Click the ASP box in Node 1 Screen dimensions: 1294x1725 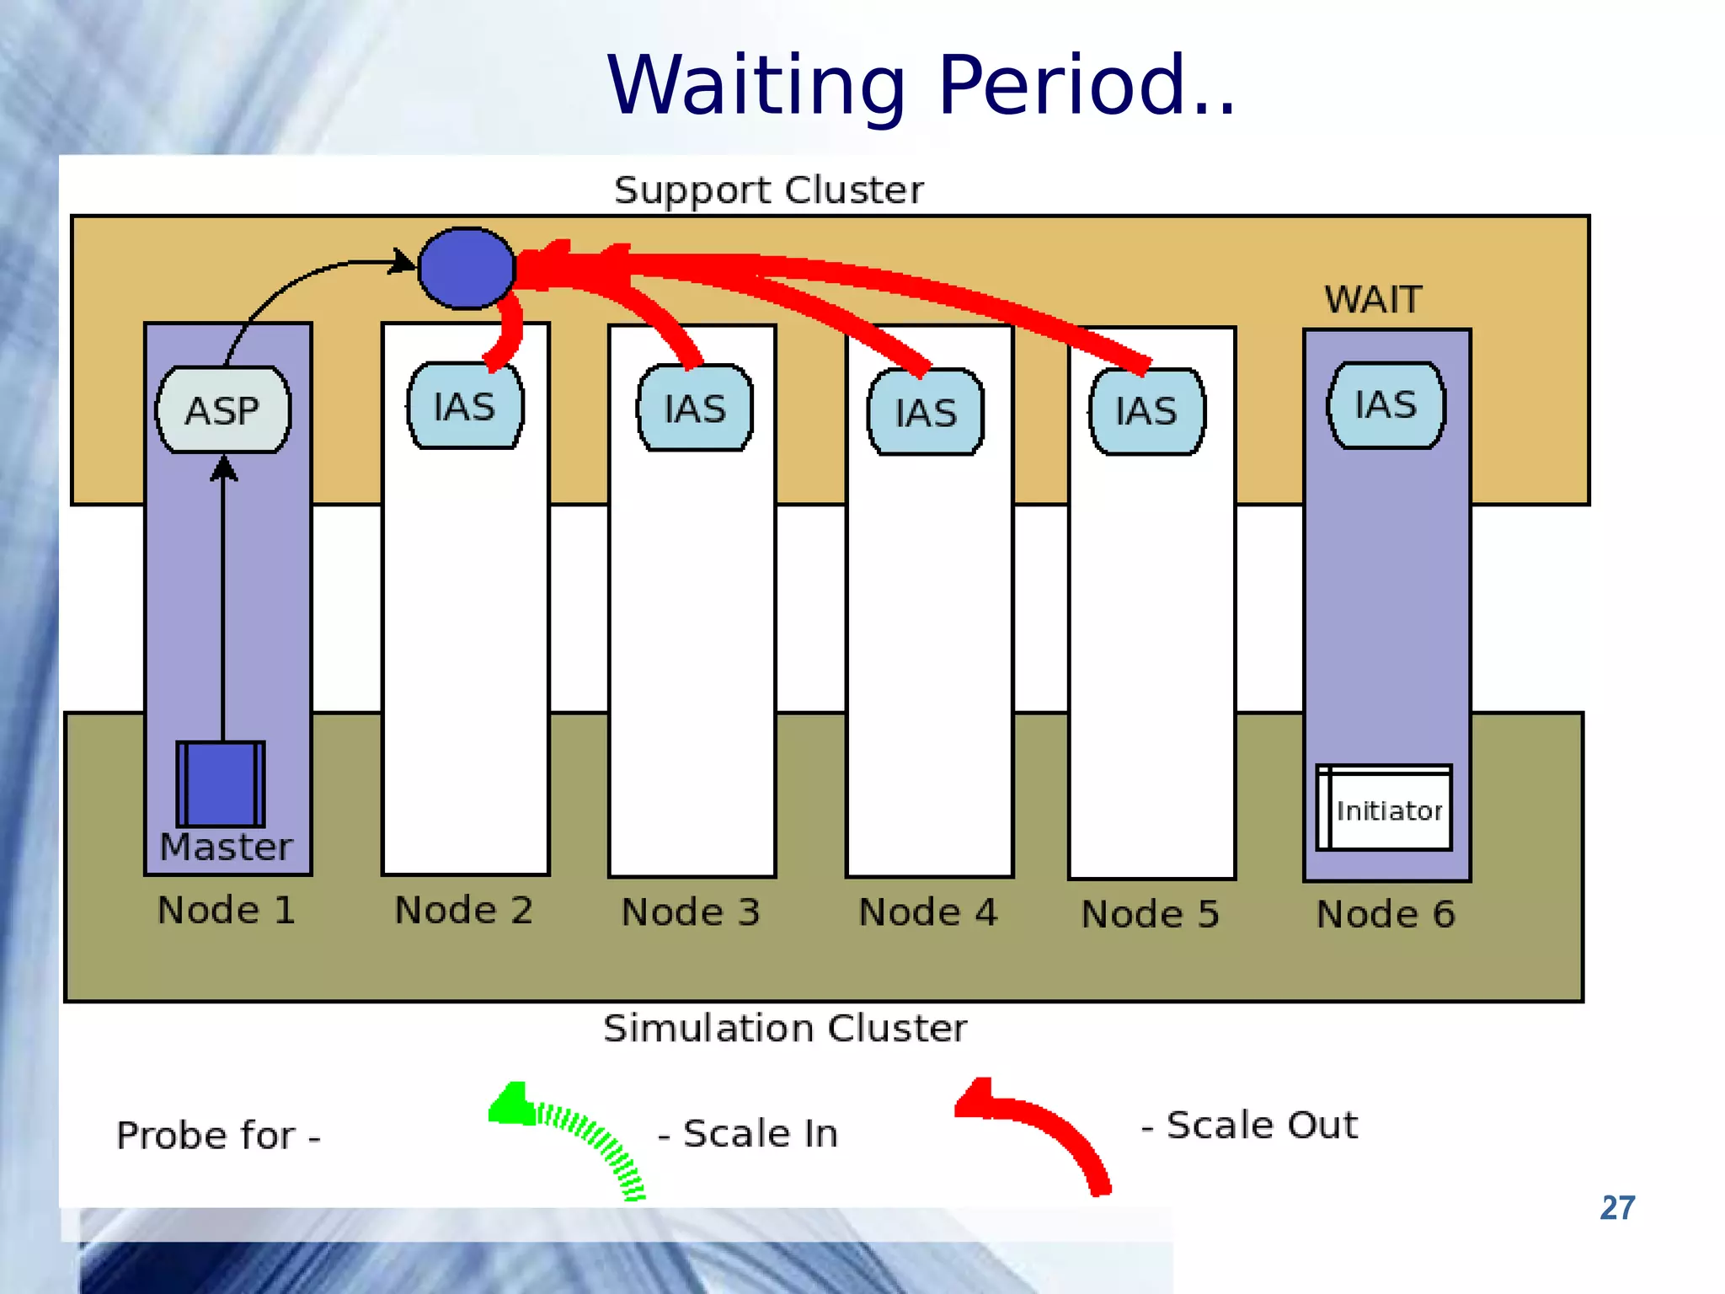click(x=223, y=410)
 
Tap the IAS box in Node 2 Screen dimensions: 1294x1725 click(x=465, y=406)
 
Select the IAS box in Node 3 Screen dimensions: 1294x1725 click(x=695, y=409)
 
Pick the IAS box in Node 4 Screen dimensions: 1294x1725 click(x=926, y=413)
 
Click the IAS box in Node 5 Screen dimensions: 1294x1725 click(x=1146, y=411)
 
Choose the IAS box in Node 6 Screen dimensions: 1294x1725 click(x=1386, y=405)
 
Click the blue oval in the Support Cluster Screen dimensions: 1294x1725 click(x=466, y=268)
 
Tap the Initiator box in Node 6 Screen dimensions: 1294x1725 click(x=1386, y=809)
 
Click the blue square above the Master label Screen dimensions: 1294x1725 click(x=221, y=783)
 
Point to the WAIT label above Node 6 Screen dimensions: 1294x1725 click(x=1373, y=300)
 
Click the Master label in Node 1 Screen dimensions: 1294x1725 click(x=226, y=847)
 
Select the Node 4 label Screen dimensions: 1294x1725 click(x=927, y=912)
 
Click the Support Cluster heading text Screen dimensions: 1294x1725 click(x=768, y=190)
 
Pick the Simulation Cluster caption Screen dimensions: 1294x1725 click(x=785, y=1029)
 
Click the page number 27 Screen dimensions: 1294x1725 click(x=1617, y=1208)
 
